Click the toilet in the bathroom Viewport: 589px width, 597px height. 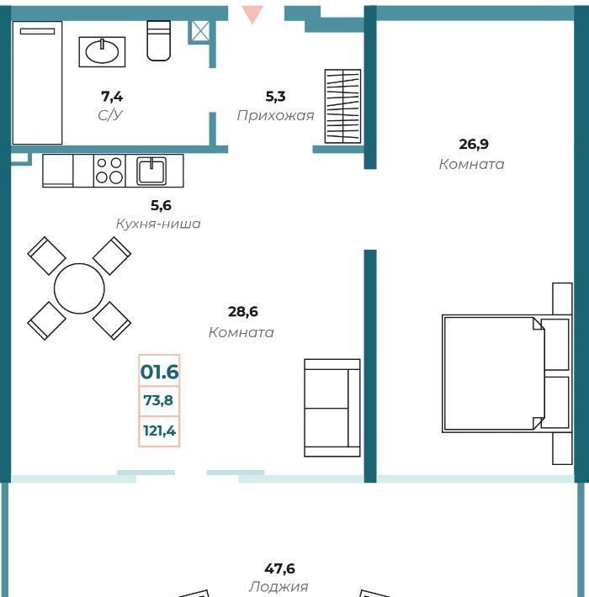(158, 40)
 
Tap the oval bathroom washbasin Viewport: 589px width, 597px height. (102, 52)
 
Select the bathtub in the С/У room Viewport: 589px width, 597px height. (37, 82)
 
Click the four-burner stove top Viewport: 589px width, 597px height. (109, 171)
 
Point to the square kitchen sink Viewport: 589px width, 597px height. (151, 171)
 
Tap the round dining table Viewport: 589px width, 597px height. (79, 288)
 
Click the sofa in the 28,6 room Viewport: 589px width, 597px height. (332, 408)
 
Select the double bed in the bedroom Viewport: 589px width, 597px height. (507, 373)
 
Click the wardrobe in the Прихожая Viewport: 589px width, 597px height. (342, 106)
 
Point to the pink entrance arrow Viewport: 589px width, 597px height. (252, 14)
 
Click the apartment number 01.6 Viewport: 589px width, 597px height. (159, 372)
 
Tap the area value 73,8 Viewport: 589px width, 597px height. (158, 400)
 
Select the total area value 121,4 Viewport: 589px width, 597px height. (159, 431)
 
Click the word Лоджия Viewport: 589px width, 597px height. (279, 587)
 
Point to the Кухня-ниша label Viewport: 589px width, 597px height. (158, 224)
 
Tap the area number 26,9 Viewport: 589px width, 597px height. (474, 144)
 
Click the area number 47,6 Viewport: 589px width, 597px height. (279, 568)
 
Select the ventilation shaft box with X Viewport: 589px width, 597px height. (200, 31)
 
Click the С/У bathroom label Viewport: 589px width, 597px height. (110, 114)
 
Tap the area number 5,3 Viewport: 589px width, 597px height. (275, 97)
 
